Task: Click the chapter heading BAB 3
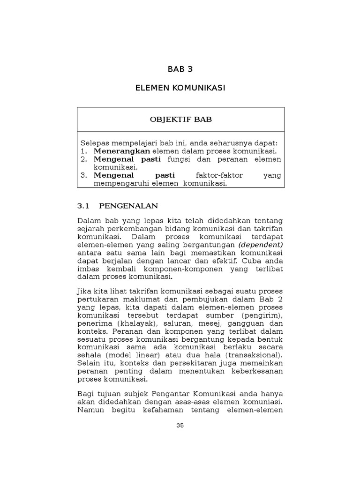(x=180, y=69)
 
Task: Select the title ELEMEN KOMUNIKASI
(x=180, y=88)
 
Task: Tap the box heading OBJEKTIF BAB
(x=180, y=119)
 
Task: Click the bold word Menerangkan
(x=121, y=151)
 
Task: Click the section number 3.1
(x=82, y=205)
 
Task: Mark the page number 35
(x=180, y=426)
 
